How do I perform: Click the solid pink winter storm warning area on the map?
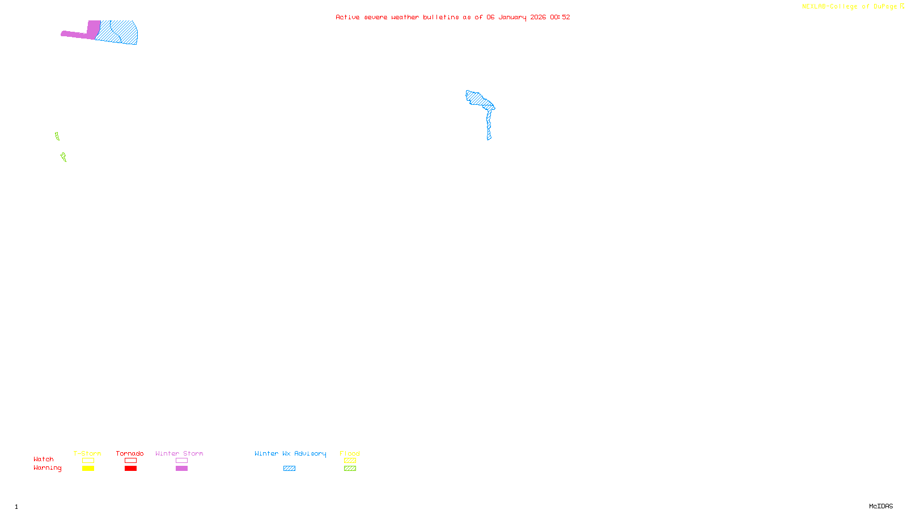(93, 30)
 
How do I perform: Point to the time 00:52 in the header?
(560, 17)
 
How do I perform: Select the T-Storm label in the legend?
(87, 453)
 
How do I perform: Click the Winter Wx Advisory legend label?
(290, 453)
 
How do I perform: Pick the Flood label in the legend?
(350, 453)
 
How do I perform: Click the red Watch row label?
(44, 459)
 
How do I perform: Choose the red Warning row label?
(48, 468)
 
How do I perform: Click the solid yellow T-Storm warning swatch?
(88, 469)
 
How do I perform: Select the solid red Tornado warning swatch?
(130, 469)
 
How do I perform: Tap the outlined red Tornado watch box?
(130, 461)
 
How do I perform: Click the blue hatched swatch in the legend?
(289, 469)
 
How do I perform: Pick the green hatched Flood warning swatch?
(350, 469)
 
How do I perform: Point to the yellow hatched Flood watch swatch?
(350, 461)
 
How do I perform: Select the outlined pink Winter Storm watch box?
(181, 461)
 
